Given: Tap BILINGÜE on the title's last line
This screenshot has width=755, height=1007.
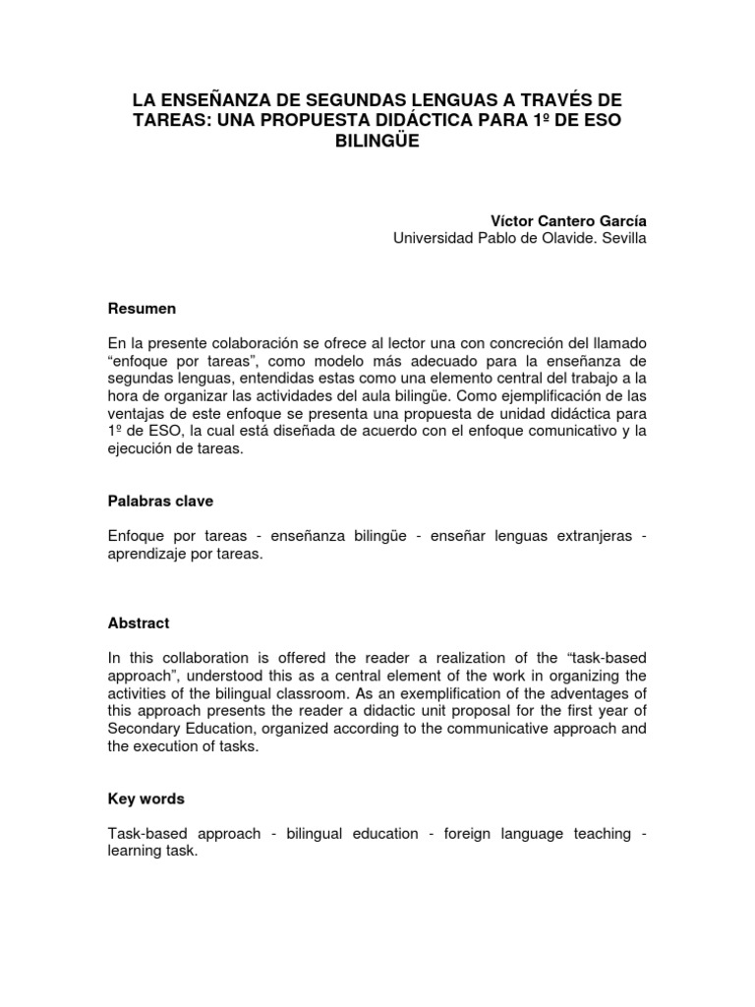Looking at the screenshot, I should [377, 142].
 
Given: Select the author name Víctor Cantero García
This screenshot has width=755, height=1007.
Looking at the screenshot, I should [568, 220].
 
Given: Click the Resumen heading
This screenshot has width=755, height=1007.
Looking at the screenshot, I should [142, 309].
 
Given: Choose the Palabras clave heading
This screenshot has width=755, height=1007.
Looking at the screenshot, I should [160, 501].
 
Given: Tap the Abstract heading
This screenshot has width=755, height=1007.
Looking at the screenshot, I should [139, 623].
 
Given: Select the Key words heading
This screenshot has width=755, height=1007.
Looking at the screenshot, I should [146, 800].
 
